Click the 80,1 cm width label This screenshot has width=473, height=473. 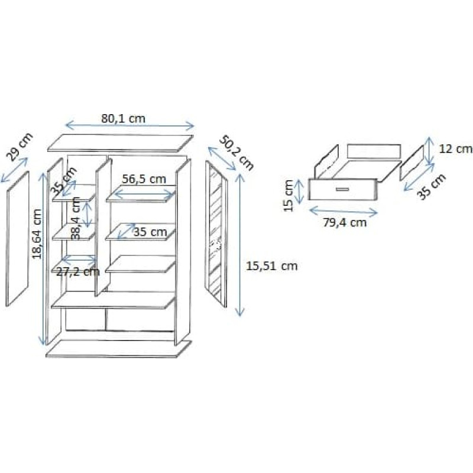tap(123, 118)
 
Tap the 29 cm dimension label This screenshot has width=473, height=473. tap(20, 146)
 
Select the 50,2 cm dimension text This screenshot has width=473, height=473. tap(237, 153)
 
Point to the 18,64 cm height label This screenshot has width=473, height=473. tap(37, 234)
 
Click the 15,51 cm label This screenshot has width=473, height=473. tap(272, 265)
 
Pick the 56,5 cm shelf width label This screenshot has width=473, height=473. tap(144, 179)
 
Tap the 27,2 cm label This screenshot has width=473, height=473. tap(78, 271)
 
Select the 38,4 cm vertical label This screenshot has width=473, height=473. tap(76, 218)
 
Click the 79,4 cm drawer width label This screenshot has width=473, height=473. tap(345, 222)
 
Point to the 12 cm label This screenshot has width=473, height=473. tap(455, 149)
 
